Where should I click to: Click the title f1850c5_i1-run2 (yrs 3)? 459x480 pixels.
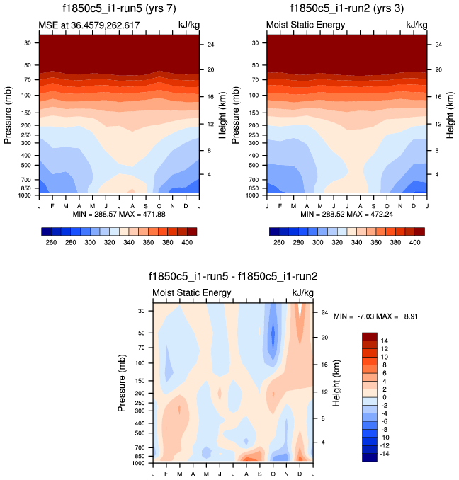[347, 10]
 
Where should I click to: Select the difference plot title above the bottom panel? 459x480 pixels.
[232, 278]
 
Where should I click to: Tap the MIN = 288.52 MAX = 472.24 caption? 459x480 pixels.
[347, 214]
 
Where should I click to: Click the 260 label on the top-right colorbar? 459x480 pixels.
[278, 242]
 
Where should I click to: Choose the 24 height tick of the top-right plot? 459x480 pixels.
[438, 45]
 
